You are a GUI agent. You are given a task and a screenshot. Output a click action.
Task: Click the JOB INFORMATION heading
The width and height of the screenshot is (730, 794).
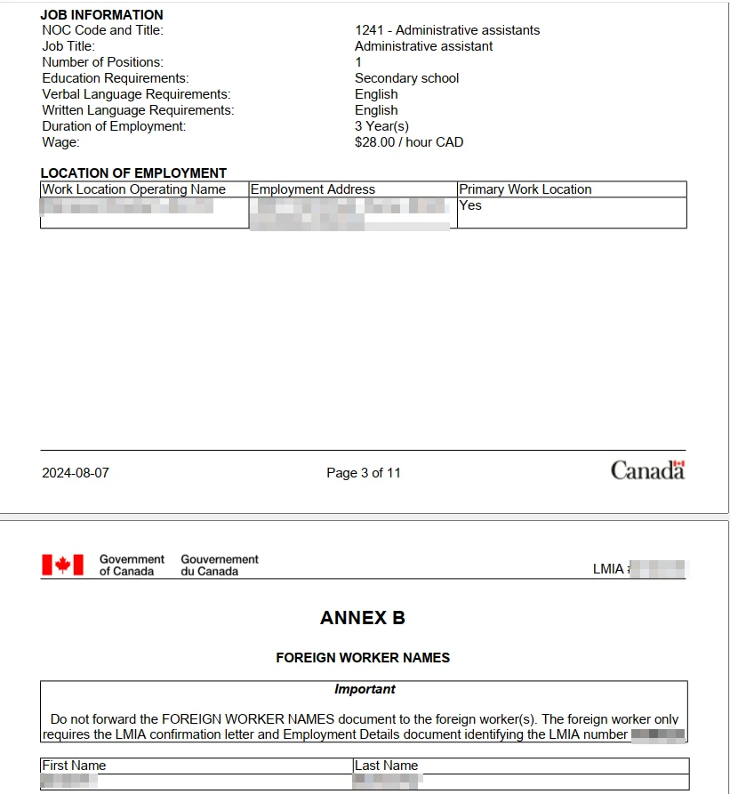tap(101, 14)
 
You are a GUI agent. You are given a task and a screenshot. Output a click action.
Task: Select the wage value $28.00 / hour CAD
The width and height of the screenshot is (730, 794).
tap(408, 142)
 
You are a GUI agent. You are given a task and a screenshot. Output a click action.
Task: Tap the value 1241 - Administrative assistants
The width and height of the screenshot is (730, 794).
tap(446, 30)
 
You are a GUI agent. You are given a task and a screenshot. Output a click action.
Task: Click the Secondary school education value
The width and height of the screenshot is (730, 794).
tap(406, 78)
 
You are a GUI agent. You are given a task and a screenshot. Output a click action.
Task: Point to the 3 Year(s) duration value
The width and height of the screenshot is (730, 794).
tap(381, 126)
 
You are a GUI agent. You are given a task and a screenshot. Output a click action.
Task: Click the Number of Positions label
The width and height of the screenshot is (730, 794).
tap(102, 62)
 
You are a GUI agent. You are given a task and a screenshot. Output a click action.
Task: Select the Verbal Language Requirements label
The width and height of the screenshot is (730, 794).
tap(136, 94)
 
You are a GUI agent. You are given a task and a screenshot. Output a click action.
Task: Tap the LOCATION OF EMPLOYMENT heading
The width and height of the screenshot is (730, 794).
tap(133, 173)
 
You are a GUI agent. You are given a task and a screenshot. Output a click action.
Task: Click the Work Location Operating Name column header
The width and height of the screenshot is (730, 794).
tap(134, 189)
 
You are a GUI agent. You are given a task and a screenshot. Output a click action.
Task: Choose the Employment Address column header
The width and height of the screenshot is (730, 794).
tap(313, 189)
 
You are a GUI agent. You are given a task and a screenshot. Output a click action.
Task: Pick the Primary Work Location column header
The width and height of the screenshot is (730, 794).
tap(525, 189)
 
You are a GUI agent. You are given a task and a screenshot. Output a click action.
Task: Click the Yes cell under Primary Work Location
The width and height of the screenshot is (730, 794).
tap(470, 205)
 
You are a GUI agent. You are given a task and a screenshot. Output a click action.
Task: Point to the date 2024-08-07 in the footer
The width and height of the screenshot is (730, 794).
tap(76, 473)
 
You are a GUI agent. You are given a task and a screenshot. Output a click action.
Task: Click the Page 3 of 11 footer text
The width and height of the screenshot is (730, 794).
tap(364, 473)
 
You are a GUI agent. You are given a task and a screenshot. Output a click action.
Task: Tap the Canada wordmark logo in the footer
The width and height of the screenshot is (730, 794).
tap(647, 470)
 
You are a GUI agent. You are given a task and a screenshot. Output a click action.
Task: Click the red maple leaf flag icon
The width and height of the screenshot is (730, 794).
tap(62, 565)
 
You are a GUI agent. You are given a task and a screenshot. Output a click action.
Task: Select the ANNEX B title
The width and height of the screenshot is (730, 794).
tap(363, 618)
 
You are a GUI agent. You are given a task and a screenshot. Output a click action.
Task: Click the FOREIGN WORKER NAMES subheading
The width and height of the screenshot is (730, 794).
tap(363, 658)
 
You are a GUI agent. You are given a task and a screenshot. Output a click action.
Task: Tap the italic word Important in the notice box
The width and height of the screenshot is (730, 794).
tap(365, 689)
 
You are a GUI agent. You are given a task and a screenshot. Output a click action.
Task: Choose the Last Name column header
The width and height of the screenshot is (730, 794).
tap(386, 766)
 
